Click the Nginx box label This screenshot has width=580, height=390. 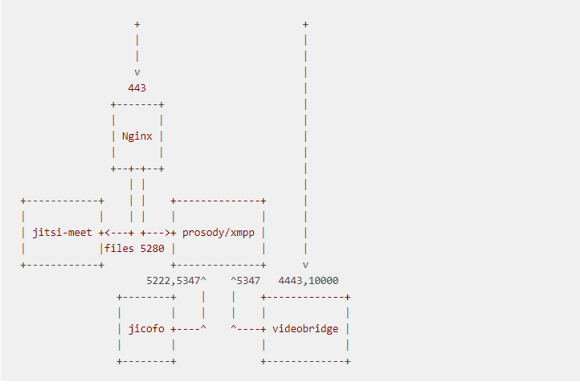tap(137, 136)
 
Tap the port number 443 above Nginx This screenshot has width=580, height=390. tap(137, 88)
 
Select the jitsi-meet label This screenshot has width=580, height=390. tap(63, 233)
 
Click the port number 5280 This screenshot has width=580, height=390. tap(152, 249)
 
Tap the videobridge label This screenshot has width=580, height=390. tap(305, 329)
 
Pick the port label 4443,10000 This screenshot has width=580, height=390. tap(308, 281)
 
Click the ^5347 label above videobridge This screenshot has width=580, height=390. tap(246, 281)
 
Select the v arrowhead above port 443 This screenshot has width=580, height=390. tap(137, 72)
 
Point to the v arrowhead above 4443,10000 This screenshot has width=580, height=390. tap(305, 264)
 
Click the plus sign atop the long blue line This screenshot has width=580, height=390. tap(305, 24)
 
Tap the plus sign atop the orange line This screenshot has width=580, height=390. tap(137, 24)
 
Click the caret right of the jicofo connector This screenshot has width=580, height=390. tap(203, 329)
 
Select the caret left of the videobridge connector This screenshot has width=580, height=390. tap(234, 329)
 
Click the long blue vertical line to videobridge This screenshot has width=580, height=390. tap(305, 144)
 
